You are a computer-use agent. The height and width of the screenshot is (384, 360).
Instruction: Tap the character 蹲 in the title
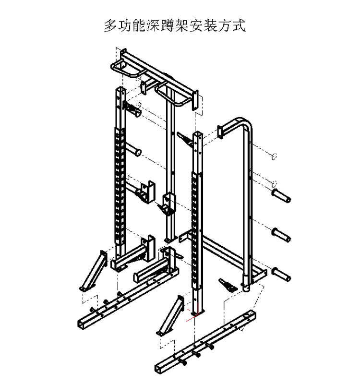[x=168, y=26]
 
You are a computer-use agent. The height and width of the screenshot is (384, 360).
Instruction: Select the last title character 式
[x=239, y=26]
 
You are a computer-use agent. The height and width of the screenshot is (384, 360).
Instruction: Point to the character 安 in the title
[x=196, y=26]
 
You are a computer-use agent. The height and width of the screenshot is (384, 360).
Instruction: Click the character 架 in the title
[x=182, y=26]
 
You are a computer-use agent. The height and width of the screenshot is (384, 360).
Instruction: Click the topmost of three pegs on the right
[x=281, y=196]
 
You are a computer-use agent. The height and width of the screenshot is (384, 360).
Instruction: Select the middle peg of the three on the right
[x=281, y=235]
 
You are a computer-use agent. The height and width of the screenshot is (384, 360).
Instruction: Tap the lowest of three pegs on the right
[x=281, y=275]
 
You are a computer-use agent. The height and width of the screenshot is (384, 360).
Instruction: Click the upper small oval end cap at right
[x=274, y=156]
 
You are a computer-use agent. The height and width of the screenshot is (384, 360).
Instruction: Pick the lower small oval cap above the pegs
[x=274, y=183]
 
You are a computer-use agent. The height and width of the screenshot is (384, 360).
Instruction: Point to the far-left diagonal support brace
[x=93, y=271]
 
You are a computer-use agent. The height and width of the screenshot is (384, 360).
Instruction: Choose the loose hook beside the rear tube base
[x=228, y=285]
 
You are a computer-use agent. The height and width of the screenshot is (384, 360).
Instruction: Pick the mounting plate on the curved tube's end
[x=220, y=132]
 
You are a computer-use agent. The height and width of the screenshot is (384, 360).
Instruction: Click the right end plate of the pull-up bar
[x=195, y=100]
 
